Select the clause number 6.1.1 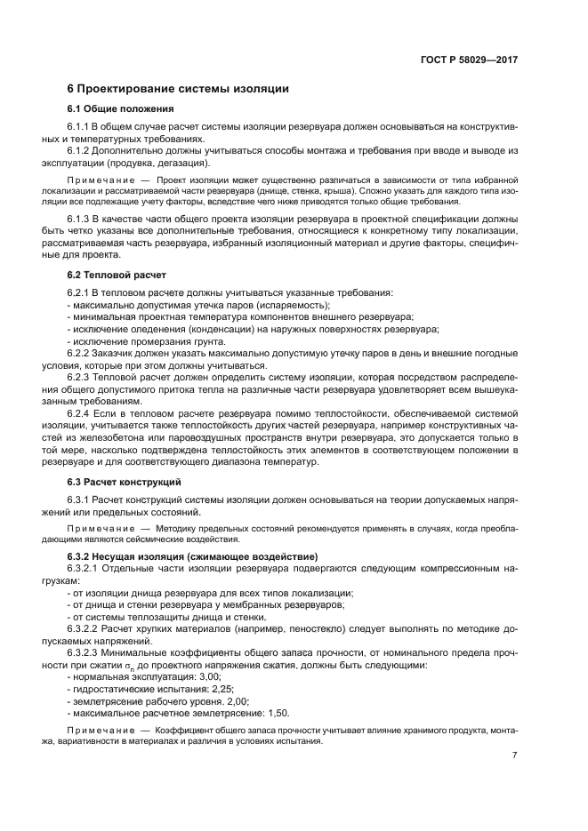pyautogui.click(x=80, y=128)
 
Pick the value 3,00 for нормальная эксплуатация pyautogui.click(x=206, y=676)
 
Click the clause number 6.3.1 pyautogui.click(x=80, y=499)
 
